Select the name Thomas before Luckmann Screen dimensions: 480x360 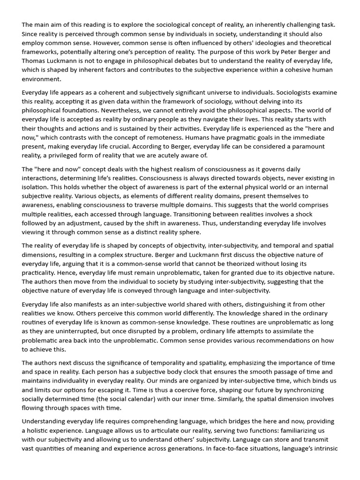coord(34,60)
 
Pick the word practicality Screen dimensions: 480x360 coord(40,273)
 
